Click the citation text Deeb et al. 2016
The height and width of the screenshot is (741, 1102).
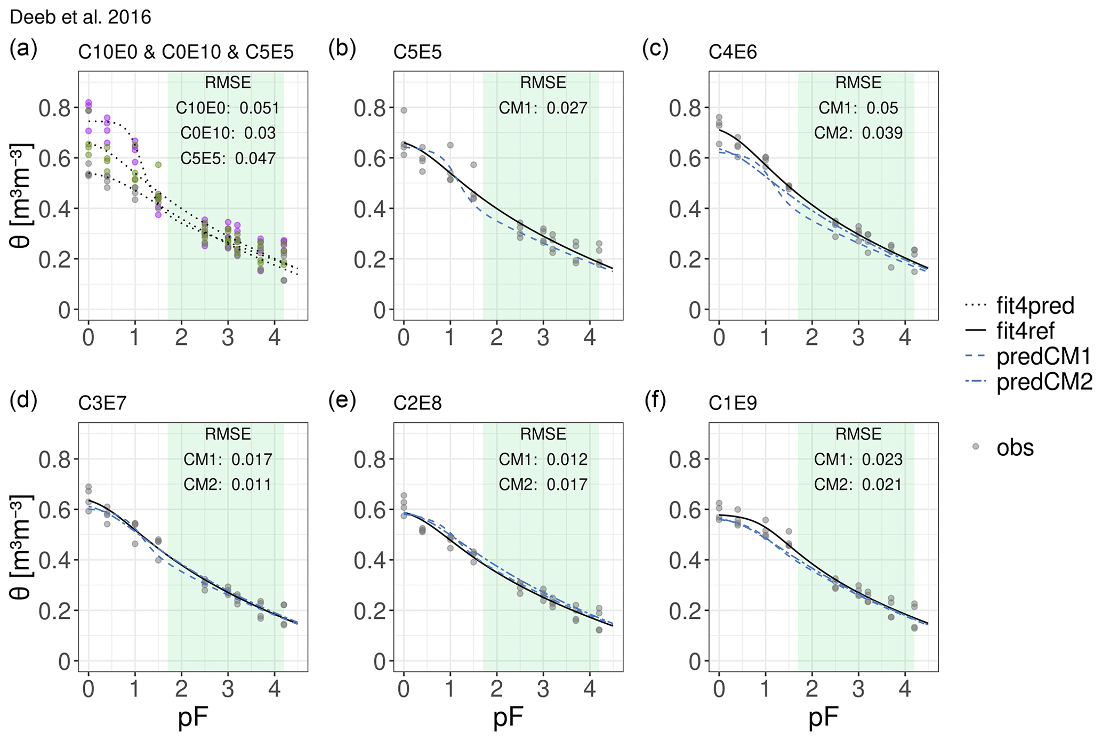(81, 18)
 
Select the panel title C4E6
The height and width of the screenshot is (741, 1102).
(733, 52)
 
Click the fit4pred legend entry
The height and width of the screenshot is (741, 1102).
(1035, 306)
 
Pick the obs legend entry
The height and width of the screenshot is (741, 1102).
(1015, 448)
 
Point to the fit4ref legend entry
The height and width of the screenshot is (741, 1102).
(1025, 332)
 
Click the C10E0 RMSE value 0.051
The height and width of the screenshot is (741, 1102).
(259, 108)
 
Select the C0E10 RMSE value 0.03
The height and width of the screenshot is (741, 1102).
(260, 133)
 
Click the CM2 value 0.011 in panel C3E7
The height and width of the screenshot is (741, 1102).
(252, 485)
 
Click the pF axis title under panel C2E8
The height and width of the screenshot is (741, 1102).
(508, 718)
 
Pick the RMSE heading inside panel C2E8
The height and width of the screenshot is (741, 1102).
(543, 434)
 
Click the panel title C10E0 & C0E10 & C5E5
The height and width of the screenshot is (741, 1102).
(186, 52)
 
